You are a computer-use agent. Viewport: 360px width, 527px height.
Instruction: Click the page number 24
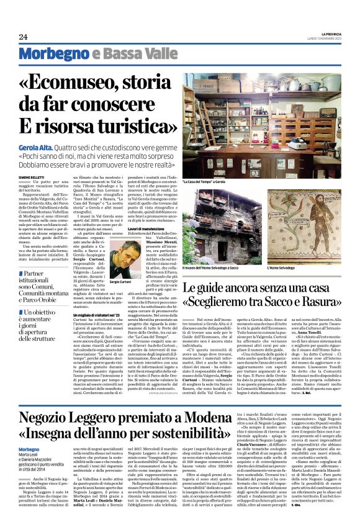[x=23, y=37]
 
